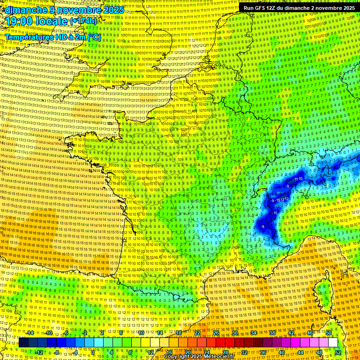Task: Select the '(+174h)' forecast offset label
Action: pyautogui.click(x=83, y=21)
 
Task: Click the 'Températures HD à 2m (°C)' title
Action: pyautogui.click(x=52, y=37)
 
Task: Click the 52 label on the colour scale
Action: pyautogui.click(x=338, y=352)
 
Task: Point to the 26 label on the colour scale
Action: pyautogui.click(x=217, y=333)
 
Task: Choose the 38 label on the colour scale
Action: pyautogui.click(x=272, y=333)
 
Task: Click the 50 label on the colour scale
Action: pyautogui.click(x=329, y=333)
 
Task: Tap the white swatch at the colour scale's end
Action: pyautogui.click(x=333, y=343)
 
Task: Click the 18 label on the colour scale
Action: pyautogui.click(x=179, y=333)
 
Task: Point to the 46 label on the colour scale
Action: pyautogui.click(x=310, y=333)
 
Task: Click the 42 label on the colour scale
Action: pyautogui.click(x=291, y=333)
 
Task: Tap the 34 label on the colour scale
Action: pyautogui.click(x=254, y=333)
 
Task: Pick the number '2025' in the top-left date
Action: pyautogui.click(x=113, y=10)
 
